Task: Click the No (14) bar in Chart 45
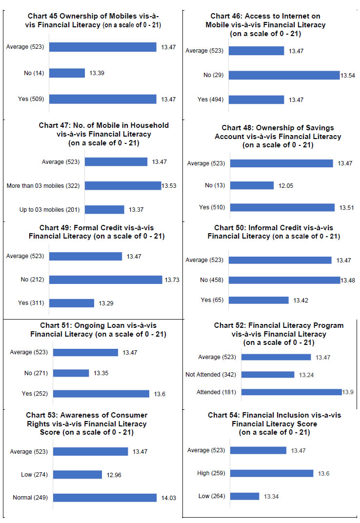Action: coord(67,73)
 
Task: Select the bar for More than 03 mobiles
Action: coord(123,185)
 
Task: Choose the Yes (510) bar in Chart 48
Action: coord(282,207)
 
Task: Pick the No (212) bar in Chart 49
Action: coord(105,280)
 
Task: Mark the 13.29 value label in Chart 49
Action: coord(106,303)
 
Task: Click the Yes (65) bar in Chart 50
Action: coord(259,300)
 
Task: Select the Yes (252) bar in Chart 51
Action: coord(101,394)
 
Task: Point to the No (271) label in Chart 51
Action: coord(36,373)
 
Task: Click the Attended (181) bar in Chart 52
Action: coord(291,392)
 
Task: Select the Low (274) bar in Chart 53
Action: coord(78,475)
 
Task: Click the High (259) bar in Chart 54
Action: coord(272,473)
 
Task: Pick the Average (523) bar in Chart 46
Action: coord(256,51)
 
